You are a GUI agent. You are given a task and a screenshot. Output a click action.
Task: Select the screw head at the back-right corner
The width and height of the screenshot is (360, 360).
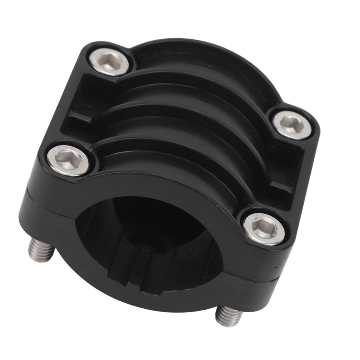tap(292, 125)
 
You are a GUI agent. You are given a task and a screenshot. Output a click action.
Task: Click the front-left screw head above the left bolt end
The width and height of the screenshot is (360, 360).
tap(68, 161)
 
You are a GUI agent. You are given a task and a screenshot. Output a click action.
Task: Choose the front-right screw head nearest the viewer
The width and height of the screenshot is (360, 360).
tap(264, 229)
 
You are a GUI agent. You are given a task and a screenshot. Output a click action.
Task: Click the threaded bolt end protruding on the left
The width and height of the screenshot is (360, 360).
tap(41, 250)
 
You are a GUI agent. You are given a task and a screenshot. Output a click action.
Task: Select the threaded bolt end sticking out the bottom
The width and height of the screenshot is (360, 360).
tap(229, 315)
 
